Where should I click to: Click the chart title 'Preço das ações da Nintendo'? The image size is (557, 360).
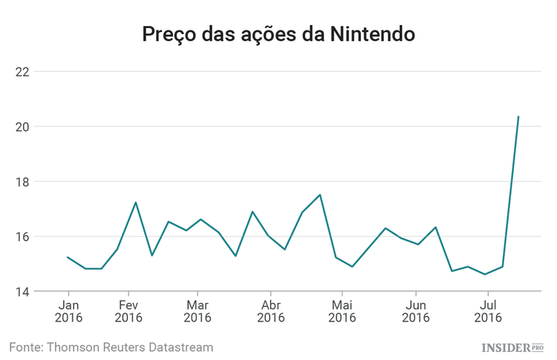278,34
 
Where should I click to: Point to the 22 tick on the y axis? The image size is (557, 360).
22,72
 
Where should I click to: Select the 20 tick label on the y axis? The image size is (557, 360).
22,127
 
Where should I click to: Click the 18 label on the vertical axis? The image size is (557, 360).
22,182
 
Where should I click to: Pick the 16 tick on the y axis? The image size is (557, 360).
22,237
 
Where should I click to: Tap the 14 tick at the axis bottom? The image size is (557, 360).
22,292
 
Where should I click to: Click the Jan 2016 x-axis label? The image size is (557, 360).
68,311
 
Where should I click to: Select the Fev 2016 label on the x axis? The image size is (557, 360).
129,311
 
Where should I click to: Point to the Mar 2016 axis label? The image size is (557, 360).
197,311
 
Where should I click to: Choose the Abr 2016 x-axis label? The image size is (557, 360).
271,311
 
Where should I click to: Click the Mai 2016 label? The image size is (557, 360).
342,311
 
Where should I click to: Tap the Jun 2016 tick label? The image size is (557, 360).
416,311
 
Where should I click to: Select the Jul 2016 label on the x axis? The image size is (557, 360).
488,311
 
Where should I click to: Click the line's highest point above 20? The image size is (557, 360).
518,117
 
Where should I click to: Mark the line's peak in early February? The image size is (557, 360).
136,202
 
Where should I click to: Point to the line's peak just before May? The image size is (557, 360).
319,194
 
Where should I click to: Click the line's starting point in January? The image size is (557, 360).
68,258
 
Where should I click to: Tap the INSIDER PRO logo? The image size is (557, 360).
512,347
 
